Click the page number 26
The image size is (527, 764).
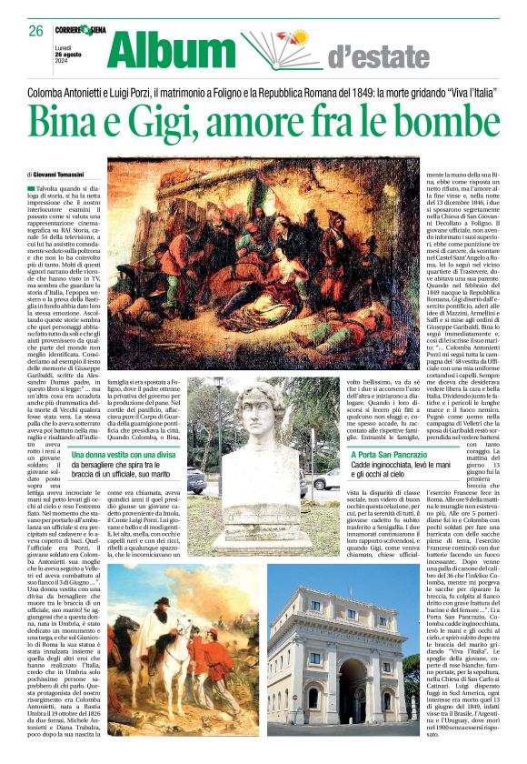coord(35,31)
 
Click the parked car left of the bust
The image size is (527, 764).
coord(195,480)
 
